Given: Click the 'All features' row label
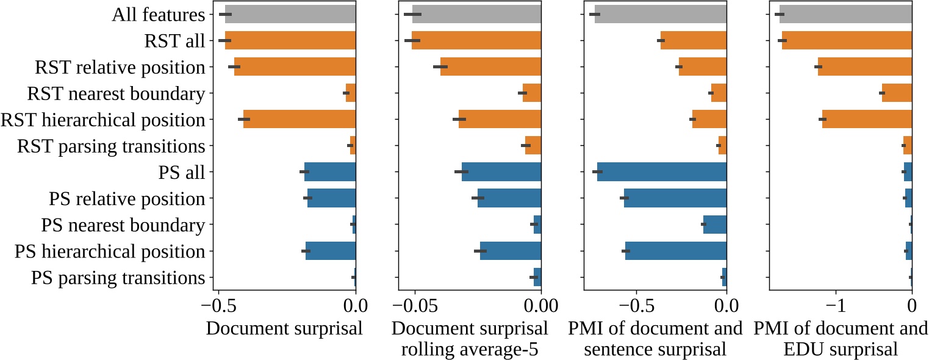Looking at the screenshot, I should (158, 15).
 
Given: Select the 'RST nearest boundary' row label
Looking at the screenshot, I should (116, 94).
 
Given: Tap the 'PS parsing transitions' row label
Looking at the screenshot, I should (118, 278).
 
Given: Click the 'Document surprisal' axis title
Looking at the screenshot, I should (284, 328).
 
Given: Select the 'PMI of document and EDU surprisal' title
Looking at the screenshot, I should (841, 339).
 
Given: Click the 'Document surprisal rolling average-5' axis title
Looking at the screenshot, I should (470, 339).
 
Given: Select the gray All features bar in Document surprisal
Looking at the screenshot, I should (290, 14).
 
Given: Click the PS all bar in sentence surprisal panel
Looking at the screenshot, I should (662, 172).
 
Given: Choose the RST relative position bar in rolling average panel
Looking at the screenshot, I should (491, 67).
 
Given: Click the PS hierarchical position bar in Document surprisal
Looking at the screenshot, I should (331, 251).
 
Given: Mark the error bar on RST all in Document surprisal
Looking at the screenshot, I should (225, 40).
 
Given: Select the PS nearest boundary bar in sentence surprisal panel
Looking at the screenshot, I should (715, 225).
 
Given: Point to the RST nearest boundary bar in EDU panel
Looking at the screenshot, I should (897, 93).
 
